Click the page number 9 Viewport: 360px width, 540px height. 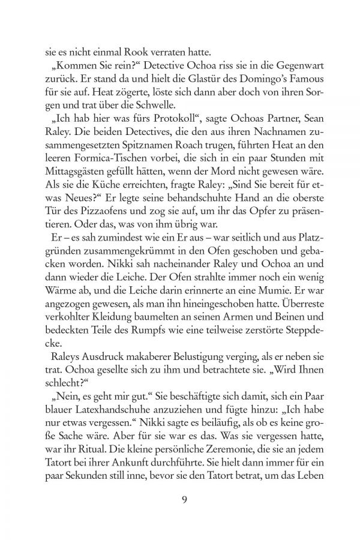click(180, 500)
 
